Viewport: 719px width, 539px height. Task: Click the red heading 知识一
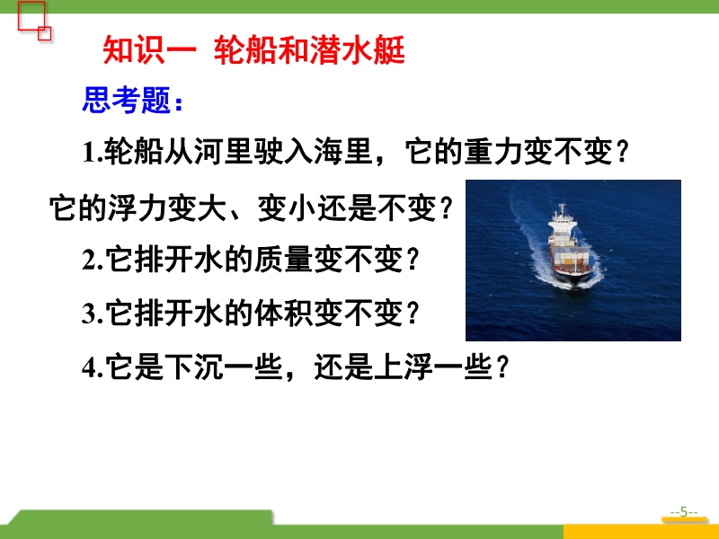150,49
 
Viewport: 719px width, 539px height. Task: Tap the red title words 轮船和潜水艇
309,49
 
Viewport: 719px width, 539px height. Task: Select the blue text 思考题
127,100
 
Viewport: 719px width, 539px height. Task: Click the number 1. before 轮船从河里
93,152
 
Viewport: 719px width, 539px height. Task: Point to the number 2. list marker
93,260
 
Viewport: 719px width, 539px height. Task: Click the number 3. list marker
93,314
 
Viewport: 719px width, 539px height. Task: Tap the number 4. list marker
93,367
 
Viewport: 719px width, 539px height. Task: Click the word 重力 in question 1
493,152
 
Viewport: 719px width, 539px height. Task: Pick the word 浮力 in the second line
138,208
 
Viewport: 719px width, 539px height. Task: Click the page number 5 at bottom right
684,511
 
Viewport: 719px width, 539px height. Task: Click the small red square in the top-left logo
44,33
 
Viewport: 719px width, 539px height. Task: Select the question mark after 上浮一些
502,367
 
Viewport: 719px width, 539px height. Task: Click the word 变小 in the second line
287,208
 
